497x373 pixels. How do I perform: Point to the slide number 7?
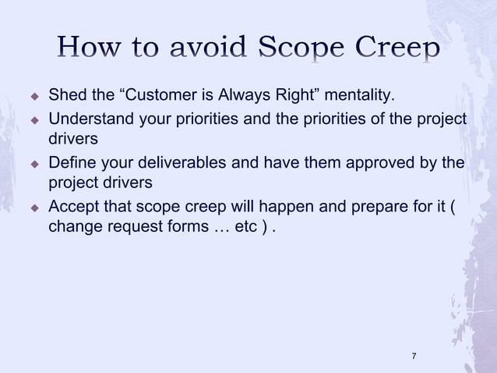(414, 356)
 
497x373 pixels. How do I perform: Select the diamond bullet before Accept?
(34, 208)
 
